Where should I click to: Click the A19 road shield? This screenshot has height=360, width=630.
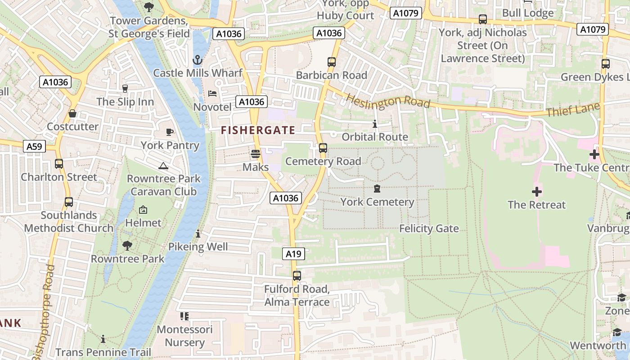coord(293,254)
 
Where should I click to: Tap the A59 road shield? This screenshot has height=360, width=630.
coord(34,146)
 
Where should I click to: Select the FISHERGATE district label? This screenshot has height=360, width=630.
coord(258,130)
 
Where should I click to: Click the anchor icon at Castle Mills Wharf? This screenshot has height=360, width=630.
coord(197,60)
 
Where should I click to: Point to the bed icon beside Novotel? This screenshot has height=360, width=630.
coord(212,93)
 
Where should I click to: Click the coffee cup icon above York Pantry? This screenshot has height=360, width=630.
coord(170,132)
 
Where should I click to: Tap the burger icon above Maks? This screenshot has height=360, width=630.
coord(256,154)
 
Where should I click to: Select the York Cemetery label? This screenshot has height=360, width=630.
coord(377,202)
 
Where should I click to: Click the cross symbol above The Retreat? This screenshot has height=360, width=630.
coord(536,192)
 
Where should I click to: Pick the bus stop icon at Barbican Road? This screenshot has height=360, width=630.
coord(332,62)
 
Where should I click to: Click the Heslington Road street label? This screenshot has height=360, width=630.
coord(387,101)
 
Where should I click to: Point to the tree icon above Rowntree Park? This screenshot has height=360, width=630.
coord(127,246)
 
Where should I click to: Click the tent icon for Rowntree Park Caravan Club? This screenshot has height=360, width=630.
coord(163,166)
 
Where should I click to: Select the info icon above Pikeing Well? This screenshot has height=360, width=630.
coord(198,234)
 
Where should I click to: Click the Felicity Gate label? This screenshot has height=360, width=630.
coord(429,229)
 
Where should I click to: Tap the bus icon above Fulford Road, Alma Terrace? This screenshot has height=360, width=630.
coord(297,276)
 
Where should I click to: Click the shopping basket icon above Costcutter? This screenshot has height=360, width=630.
coord(72,113)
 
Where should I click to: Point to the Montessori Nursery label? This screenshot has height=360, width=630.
coord(184,336)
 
